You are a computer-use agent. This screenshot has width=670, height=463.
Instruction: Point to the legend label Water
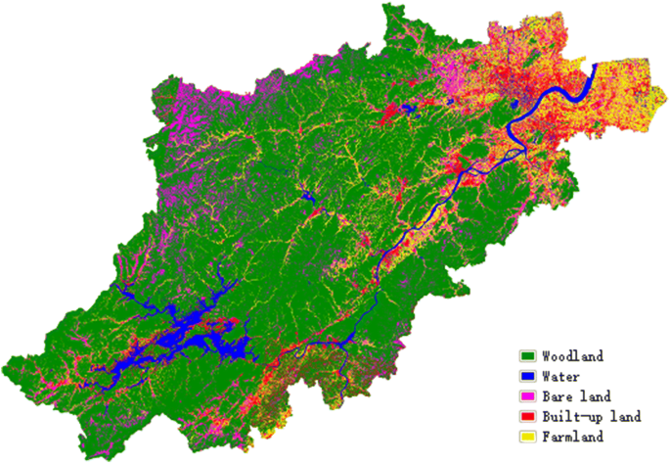[560, 376]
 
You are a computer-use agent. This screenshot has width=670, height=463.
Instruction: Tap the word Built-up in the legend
[568, 417]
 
